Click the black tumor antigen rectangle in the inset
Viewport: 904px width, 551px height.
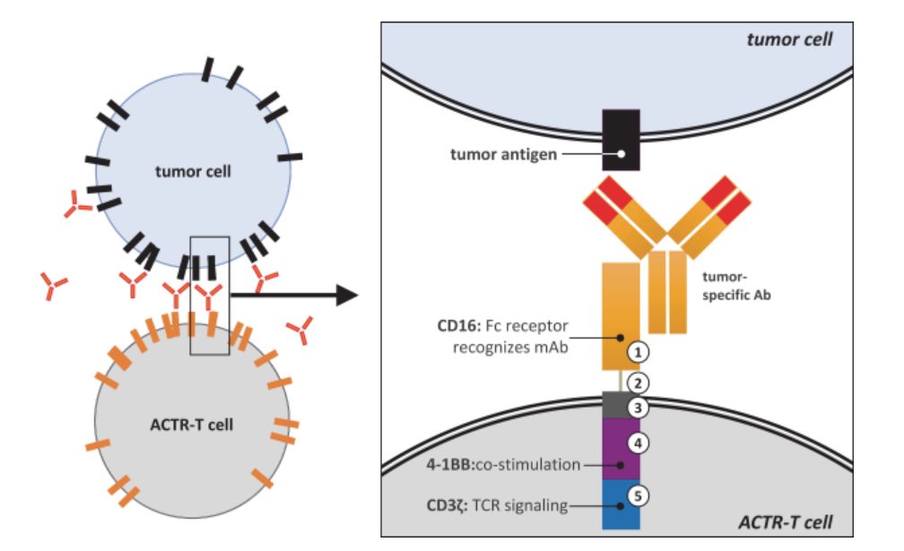621,139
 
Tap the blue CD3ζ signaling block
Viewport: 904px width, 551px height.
621,503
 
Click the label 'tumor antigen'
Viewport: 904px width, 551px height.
503,154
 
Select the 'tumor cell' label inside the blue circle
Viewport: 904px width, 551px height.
192,171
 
